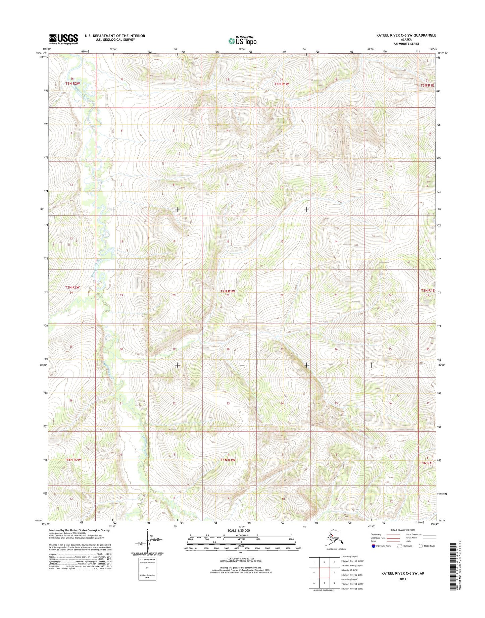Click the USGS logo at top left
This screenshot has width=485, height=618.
click(64, 39)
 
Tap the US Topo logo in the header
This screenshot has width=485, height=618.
click(242, 41)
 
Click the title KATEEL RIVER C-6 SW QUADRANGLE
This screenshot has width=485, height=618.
click(406, 35)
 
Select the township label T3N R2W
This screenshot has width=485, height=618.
click(72, 83)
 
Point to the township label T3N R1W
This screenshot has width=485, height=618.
click(281, 84)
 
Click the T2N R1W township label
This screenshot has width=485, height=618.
click(227, 291)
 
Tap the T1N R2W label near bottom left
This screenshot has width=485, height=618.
click(72, 460)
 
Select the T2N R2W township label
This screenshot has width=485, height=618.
click(72, 288)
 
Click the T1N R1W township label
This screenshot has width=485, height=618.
click(228, 460)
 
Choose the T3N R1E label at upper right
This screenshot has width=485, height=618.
click(427, 85)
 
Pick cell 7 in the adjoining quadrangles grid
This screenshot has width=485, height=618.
click(324, 583)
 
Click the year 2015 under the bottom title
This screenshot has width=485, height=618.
click(402, 579)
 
